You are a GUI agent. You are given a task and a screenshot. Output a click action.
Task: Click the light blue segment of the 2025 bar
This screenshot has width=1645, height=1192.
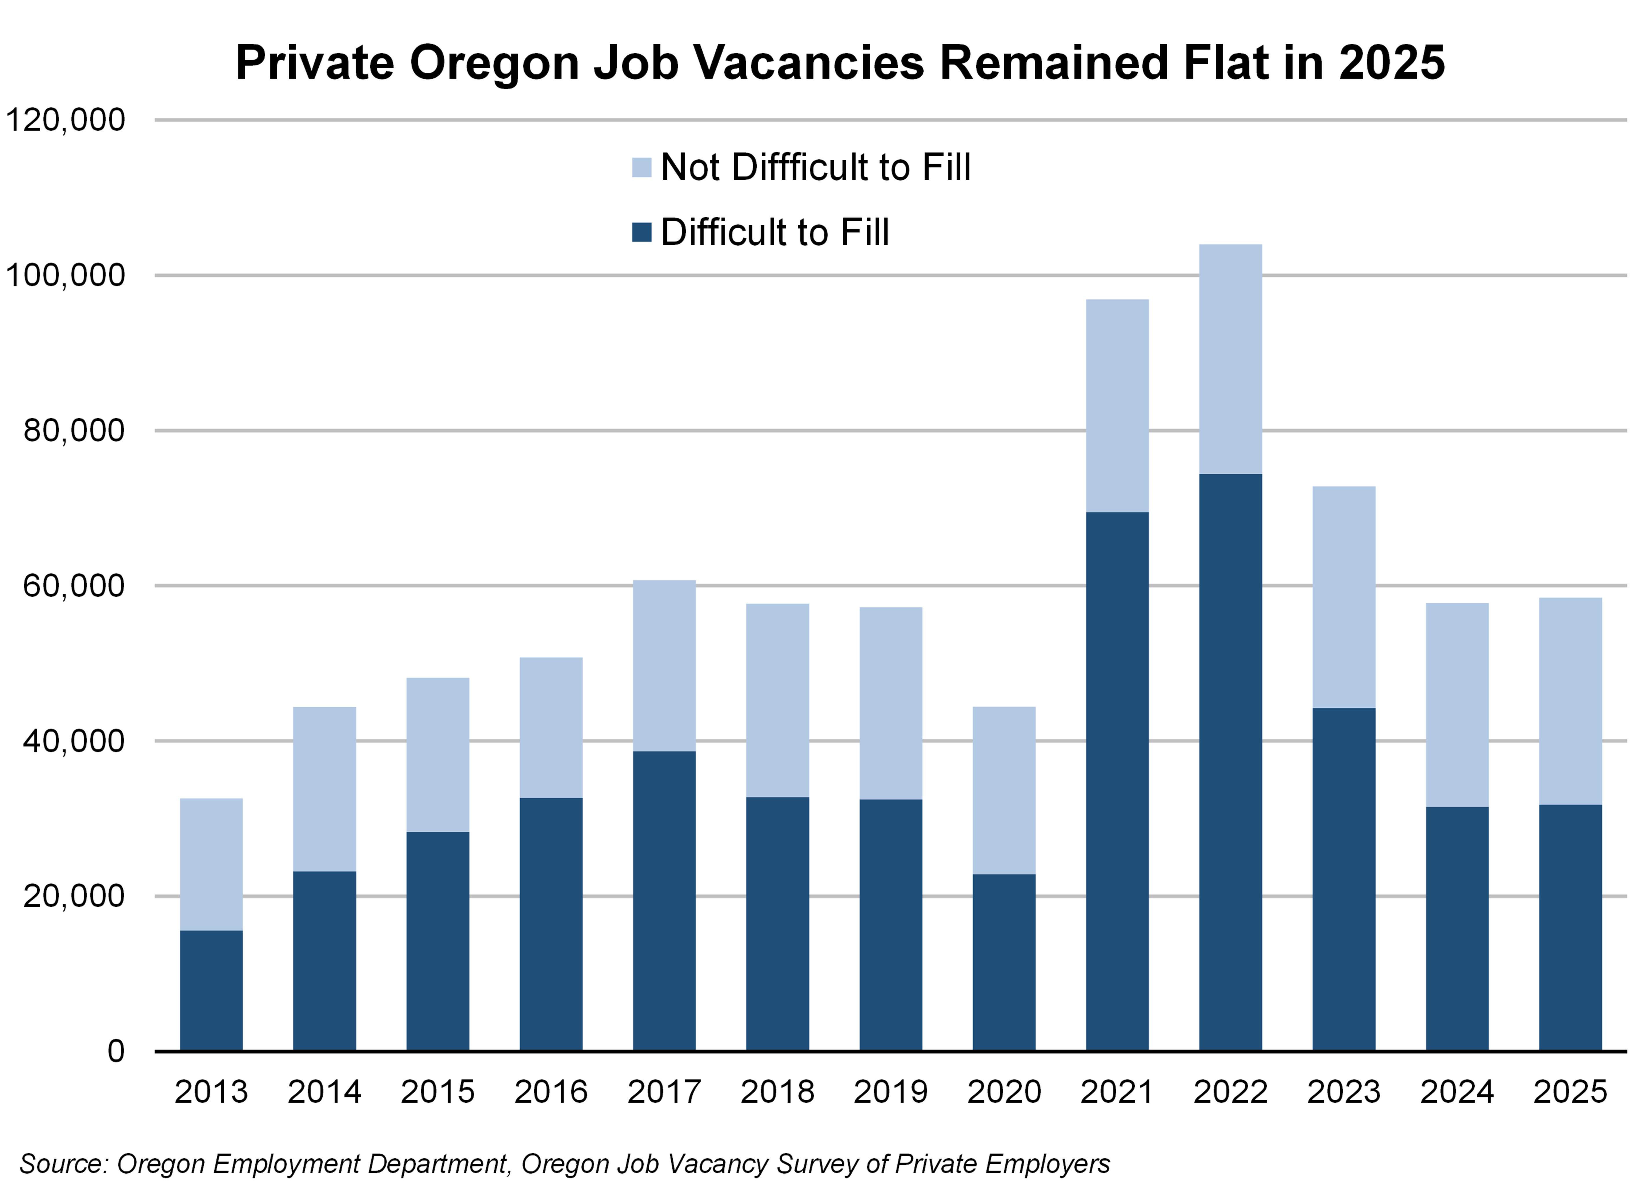pos(1570,701)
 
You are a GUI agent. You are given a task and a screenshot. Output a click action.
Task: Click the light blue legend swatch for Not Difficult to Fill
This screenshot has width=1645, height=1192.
pos(642,168)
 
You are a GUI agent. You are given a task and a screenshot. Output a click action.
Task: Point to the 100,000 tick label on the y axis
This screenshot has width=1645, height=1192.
pos(65,275)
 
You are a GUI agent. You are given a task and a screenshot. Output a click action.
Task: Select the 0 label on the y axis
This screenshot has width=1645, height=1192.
pos(116,1051)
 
